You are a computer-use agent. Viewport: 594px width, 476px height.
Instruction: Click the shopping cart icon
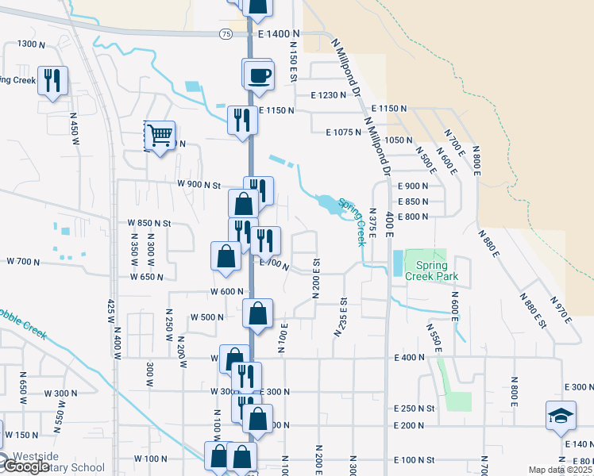[160, 136]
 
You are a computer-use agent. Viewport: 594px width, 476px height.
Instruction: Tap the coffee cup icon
[260, 76]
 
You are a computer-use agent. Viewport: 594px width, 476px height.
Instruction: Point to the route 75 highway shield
[227, 34]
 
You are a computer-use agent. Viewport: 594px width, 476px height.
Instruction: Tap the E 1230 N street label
[330, 95]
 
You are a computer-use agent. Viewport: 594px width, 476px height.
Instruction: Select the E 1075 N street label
[332, 132]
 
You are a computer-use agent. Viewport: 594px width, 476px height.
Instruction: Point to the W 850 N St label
[149, 224]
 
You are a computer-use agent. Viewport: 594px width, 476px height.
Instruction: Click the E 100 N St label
[415, 460]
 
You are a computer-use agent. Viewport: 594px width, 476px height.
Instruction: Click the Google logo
[26, 466]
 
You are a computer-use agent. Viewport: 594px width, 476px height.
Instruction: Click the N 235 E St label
[341, 316]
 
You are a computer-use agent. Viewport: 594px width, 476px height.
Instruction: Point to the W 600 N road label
[226, 291]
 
